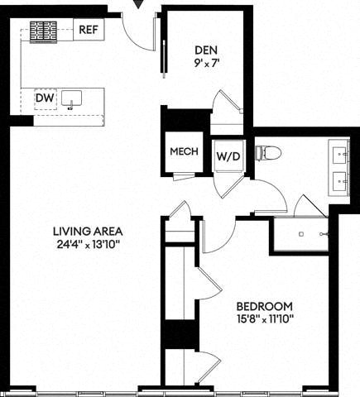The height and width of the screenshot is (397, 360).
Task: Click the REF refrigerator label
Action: [89, 30]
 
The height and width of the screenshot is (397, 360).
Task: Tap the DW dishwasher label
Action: [44, 98]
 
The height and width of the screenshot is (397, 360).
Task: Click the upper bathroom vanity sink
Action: [341, 153]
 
